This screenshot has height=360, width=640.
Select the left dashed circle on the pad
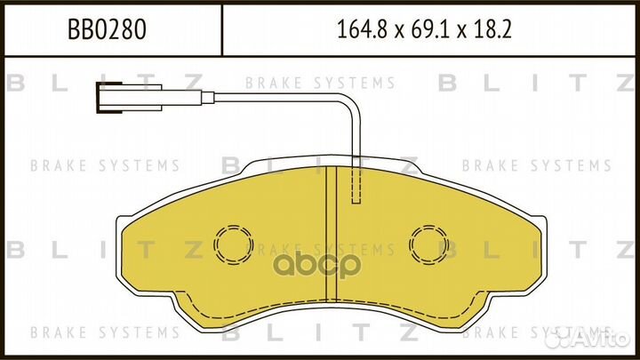coord(233,243)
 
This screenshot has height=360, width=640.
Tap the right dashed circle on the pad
coord(428,243)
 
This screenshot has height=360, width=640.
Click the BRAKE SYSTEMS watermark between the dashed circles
coord(331,248)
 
